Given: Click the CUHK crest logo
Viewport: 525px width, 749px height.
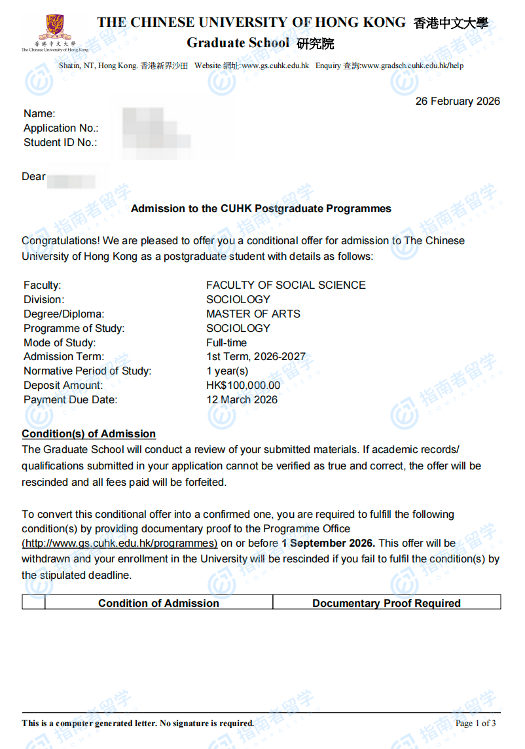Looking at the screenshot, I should (x=54, y=27).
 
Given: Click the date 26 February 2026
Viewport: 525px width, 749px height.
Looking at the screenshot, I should (x=458, y=101).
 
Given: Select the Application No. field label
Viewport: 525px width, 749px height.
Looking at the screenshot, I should (x=61, y=128).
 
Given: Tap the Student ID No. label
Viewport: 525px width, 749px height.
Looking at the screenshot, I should (x=60, y=143).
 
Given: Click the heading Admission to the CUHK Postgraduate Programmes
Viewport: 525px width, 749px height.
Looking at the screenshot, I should (x=261, y=209).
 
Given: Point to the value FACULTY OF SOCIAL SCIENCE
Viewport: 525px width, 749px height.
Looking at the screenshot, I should (x=285, y=285).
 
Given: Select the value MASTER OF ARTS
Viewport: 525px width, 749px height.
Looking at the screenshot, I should (x=253, y=314).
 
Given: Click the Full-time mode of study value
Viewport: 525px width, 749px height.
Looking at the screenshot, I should (x=226, y=342).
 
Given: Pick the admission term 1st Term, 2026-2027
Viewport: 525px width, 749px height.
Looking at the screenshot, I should (x=255, y=357).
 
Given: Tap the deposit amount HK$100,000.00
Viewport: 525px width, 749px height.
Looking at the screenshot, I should (x=243, y=386).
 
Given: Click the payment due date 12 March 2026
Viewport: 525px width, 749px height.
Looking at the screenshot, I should (x=242, y=400).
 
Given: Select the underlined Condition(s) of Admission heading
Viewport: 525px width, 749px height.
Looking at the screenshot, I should (x=88, y=434).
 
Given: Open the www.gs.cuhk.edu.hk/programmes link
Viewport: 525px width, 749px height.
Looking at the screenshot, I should (x=120, y=543).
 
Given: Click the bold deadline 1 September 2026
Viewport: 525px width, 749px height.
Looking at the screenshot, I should (x=328, y=543).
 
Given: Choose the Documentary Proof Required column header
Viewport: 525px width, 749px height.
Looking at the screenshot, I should (x=386, y=603).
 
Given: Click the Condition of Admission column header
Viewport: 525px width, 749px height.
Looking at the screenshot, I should (x=158, y=603).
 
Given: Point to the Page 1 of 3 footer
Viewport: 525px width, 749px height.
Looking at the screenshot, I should (x=475, y=723).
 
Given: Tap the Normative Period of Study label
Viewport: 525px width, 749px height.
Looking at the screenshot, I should (x=87, y=371).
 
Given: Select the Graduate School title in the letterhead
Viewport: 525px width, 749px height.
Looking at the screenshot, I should (x=238, y=43).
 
